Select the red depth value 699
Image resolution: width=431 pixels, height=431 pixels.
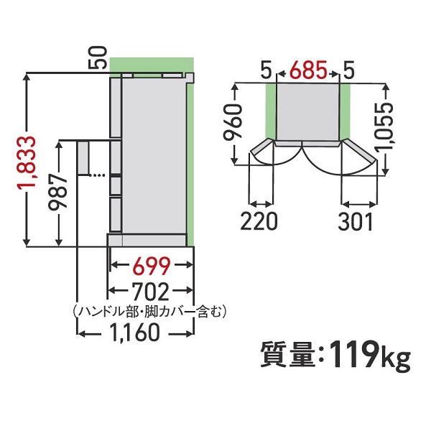click(151, 267)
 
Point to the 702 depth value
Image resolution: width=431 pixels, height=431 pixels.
click(151, 292)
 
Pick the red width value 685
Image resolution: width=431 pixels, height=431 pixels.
click(307, 71)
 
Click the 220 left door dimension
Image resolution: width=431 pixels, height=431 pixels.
click(259, 221)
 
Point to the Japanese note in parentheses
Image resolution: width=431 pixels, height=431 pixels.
click(150, 311)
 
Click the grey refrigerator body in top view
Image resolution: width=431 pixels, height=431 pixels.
click(307, 111)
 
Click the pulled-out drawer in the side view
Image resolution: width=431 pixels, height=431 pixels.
click(85, 158)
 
